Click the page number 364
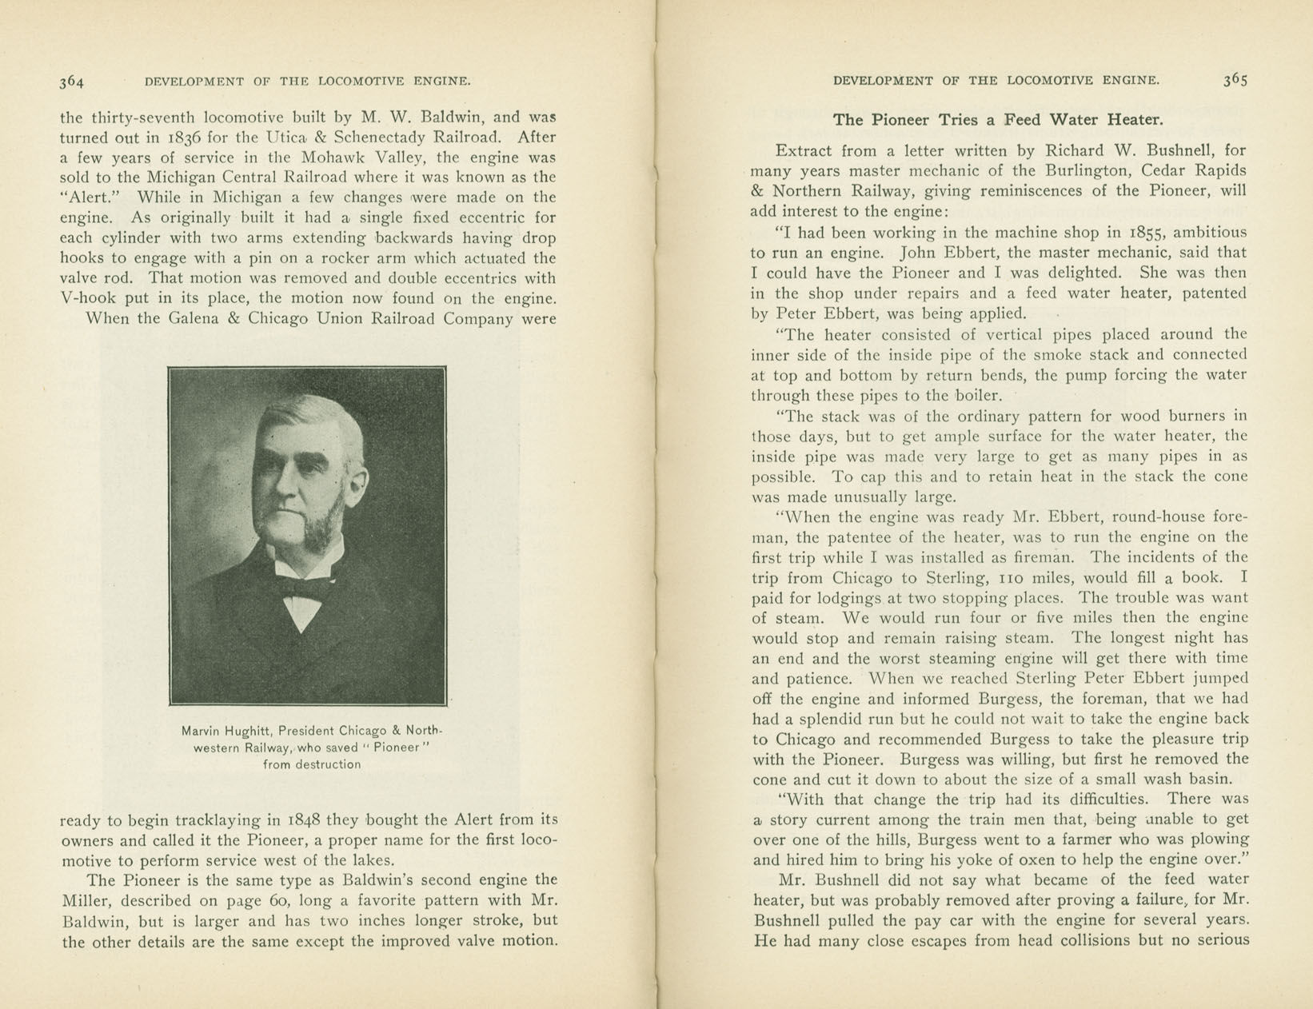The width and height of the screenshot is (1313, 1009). (71, 81)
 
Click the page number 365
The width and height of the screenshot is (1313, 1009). (1235, 79)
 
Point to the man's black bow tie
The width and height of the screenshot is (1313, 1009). (302, 589)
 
